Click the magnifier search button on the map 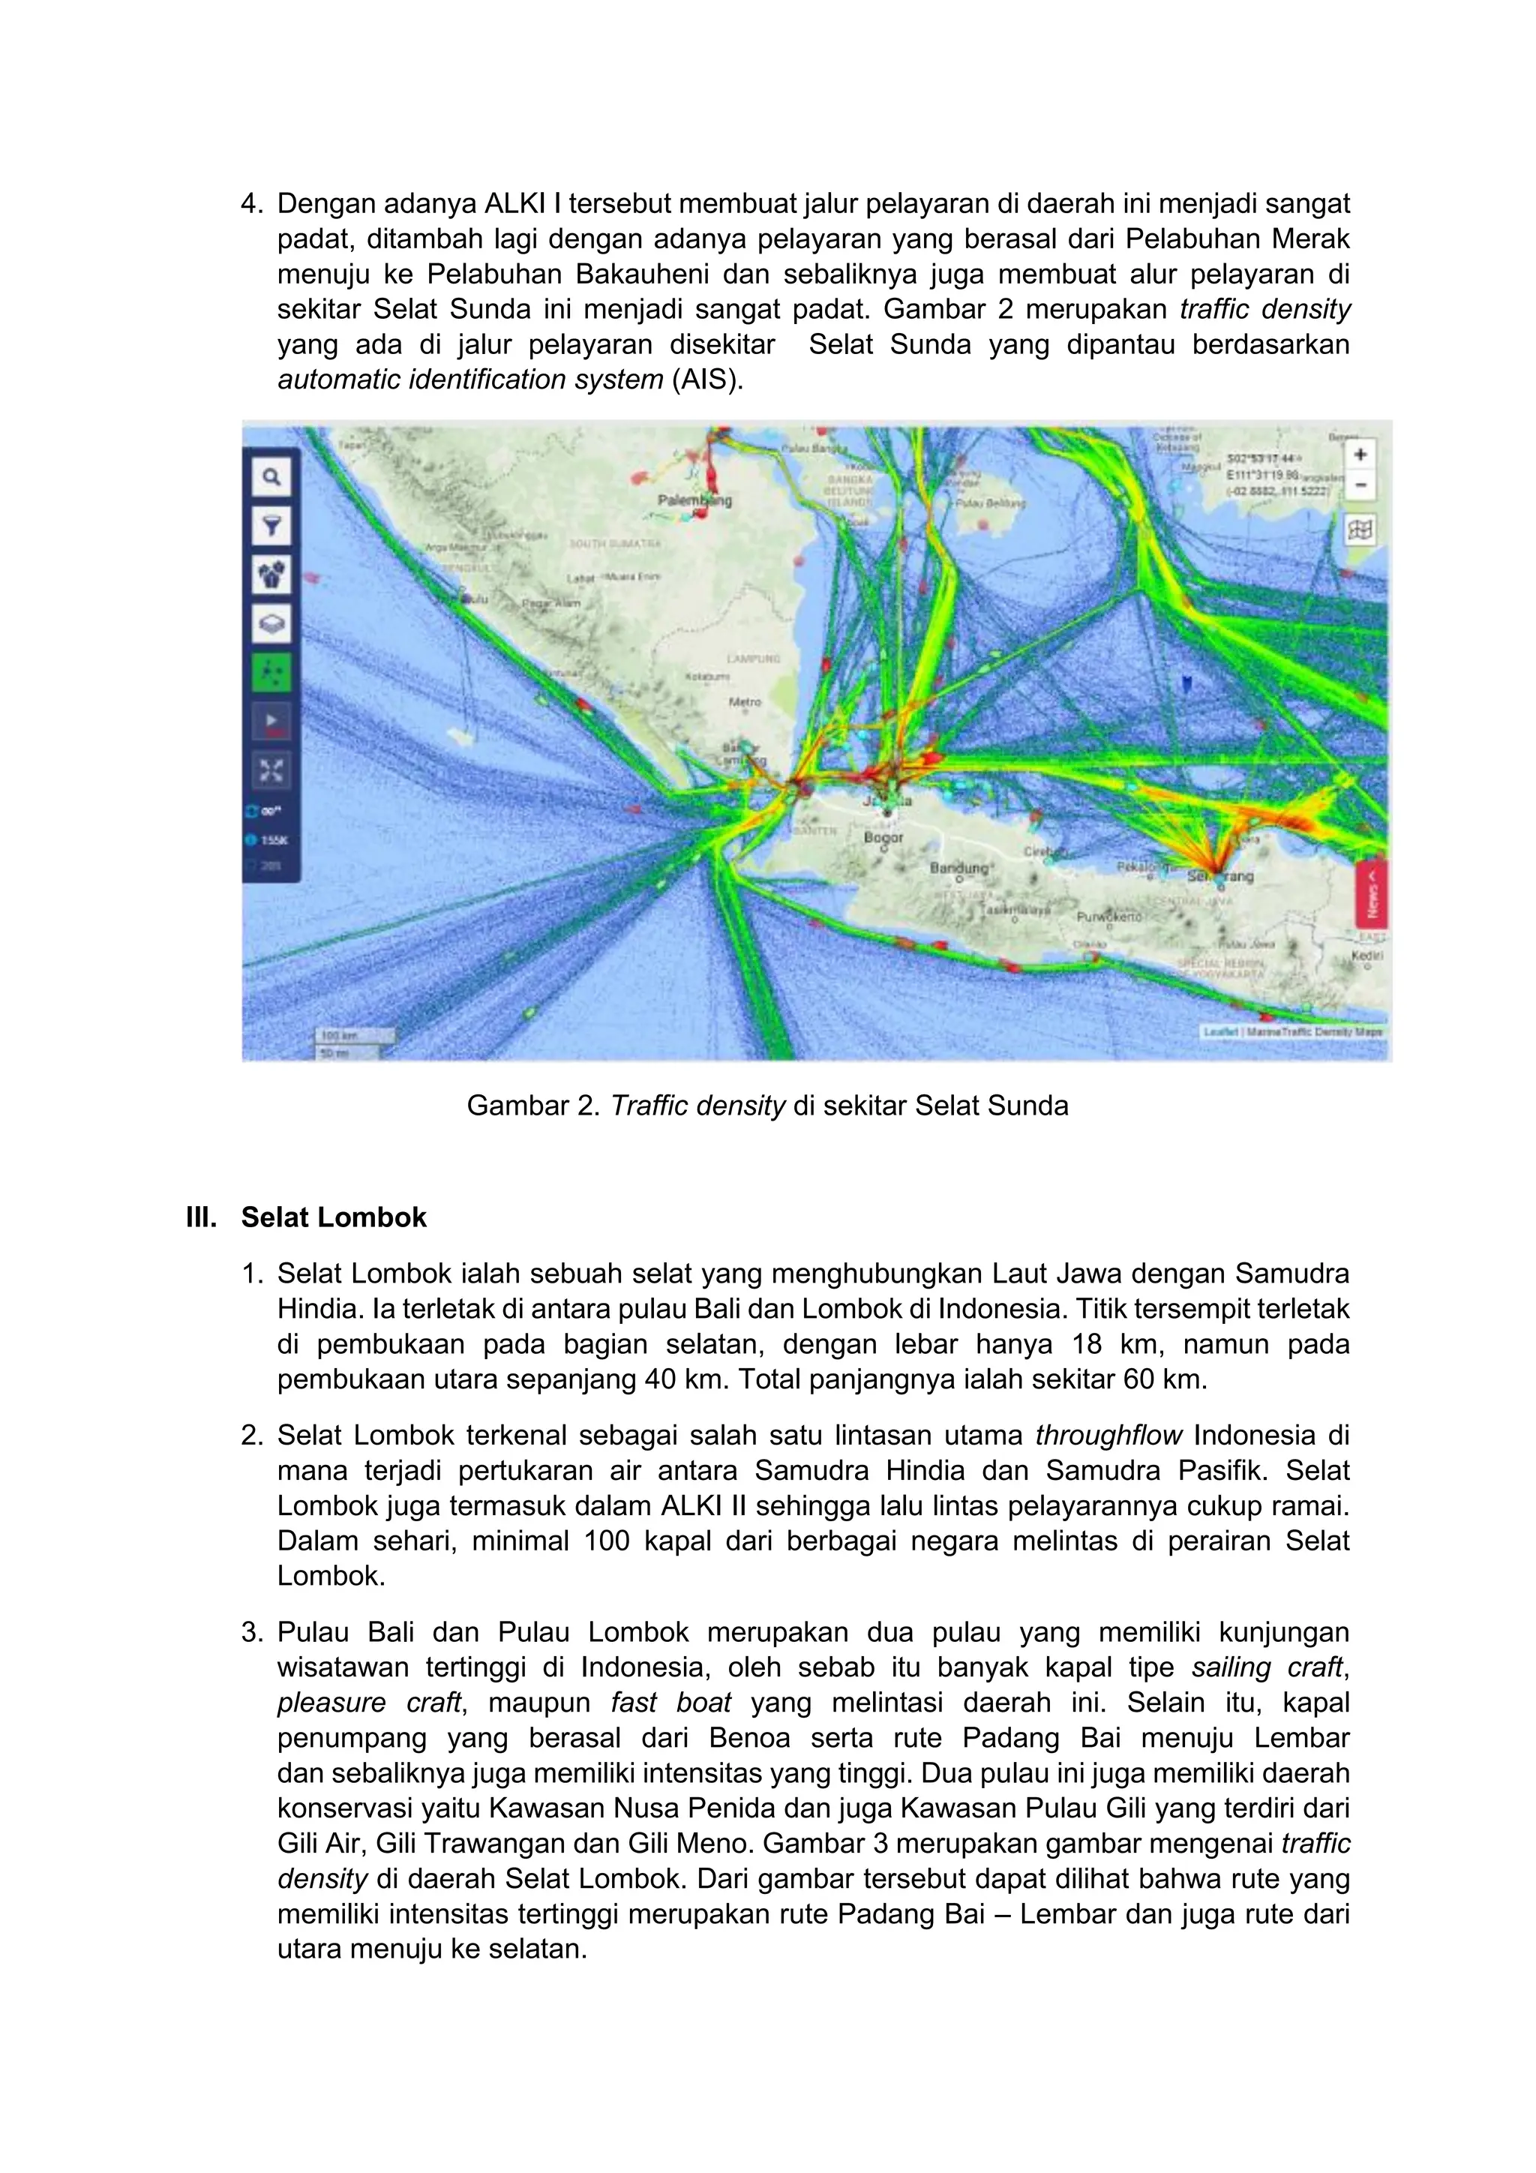271,477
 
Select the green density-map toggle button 271,672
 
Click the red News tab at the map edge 1371,893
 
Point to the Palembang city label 694,500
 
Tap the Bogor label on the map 883,838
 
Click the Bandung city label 958,868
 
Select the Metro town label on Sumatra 745,702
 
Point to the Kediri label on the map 1366,955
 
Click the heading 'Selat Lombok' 333,1217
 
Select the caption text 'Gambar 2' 532,1106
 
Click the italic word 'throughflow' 1108,1435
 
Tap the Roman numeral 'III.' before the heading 202,1217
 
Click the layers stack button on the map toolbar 271,623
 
